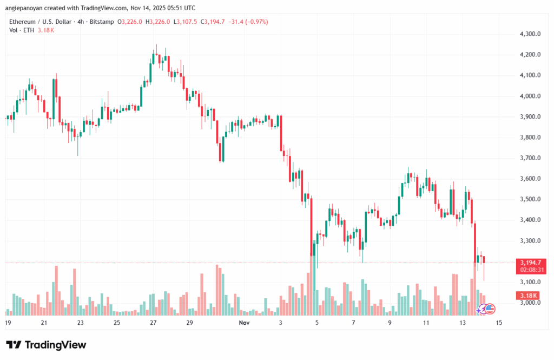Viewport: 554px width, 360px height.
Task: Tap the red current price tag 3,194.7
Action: click(527, 263)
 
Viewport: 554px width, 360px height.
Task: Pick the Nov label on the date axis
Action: click(245, 323)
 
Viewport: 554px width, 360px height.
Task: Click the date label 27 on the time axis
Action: click(153, 323)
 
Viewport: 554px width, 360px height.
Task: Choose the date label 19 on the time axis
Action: click(8, 323)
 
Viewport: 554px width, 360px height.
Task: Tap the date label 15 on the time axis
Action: click(498, 323)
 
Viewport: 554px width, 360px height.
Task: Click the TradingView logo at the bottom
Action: click(46, 345)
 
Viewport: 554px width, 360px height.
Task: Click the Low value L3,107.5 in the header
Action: click(186, 22)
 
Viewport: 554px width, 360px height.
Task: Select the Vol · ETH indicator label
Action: click(21, 30)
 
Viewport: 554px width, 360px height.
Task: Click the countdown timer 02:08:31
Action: click(528, 270)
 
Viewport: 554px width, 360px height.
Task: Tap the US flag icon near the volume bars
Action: click(490, 309)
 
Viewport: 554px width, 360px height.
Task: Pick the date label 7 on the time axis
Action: click(353, 323)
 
